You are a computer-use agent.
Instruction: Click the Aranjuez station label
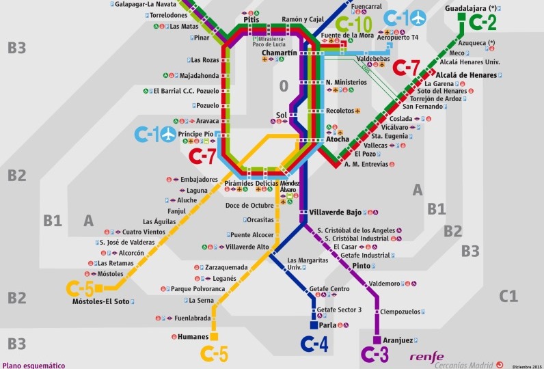[398, 340]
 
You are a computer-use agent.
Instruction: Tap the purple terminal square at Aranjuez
[376, 340]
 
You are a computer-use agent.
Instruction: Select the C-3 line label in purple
[375, 355]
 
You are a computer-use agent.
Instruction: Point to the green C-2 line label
[478, 23]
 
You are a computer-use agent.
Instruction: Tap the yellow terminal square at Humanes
[214, 336]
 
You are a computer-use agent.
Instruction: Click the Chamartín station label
[280, 53]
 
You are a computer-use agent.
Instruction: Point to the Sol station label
[280, 115]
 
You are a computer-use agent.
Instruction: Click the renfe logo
[426, 356]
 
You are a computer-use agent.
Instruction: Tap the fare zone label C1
[508, 296]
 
